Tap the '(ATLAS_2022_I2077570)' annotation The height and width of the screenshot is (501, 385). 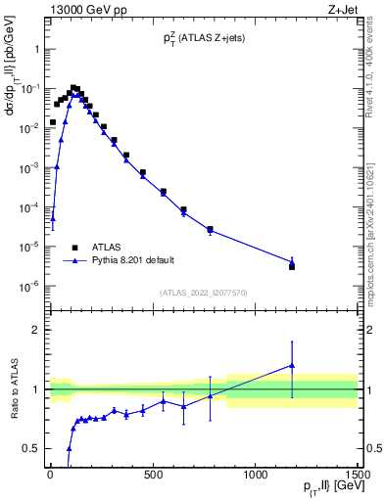(203, 293)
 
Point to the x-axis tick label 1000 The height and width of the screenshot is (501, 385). (256, 477)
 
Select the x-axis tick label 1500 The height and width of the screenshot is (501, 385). (359, 477)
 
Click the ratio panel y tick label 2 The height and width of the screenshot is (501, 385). (34, 330)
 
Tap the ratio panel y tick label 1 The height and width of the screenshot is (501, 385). (34, 389)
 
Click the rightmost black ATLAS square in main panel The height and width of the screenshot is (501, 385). (292, 266)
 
